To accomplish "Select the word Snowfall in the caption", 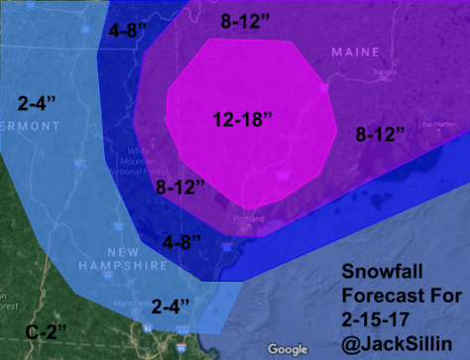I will (385, 272).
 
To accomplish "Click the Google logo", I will (289, 348).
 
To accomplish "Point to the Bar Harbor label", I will (437, 125).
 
